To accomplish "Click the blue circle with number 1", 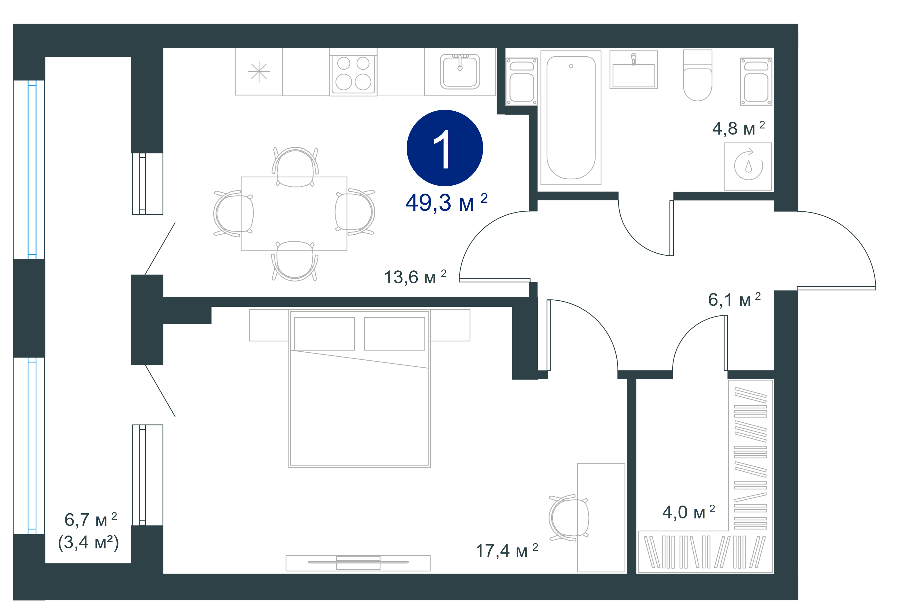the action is pos(445,148).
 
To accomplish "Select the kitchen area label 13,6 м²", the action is pos(415,277).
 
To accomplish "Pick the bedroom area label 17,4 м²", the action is pos(507,551).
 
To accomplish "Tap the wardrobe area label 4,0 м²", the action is pos(688,512).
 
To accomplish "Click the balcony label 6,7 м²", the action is pos(90,520).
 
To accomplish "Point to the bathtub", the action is pos(571,118).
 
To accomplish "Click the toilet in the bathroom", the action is pos(697,75).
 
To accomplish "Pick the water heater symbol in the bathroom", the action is pos(748,166).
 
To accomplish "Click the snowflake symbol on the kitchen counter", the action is pos(259,72).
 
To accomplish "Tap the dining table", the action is pos(294,214).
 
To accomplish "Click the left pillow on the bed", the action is pos(324,334).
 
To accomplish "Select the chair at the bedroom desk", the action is pos(568,517).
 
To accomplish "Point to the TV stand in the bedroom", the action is pos(358,563).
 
